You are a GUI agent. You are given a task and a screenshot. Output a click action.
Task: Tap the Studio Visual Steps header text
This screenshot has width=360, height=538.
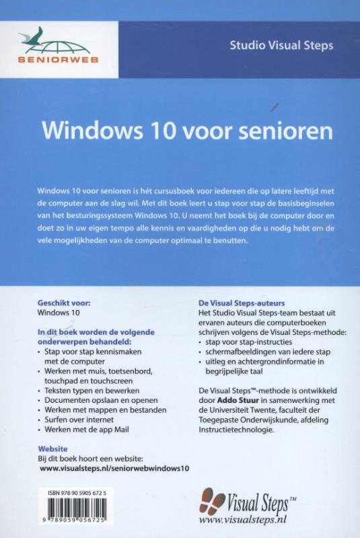coord(281,46)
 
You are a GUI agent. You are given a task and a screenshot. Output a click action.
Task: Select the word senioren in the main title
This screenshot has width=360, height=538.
coord(273,129)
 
